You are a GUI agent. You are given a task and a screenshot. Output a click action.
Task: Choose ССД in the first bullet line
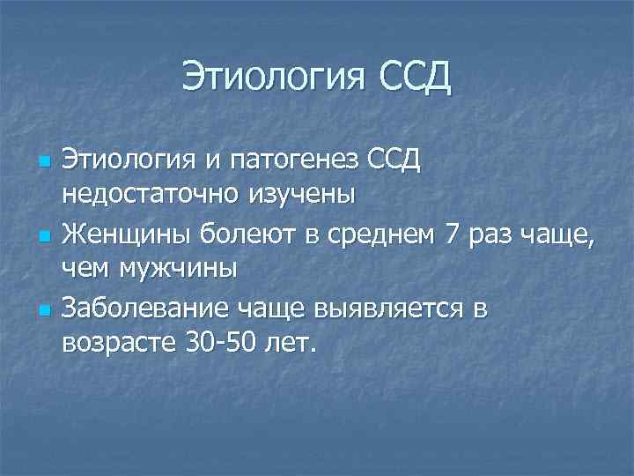coord(390,163)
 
